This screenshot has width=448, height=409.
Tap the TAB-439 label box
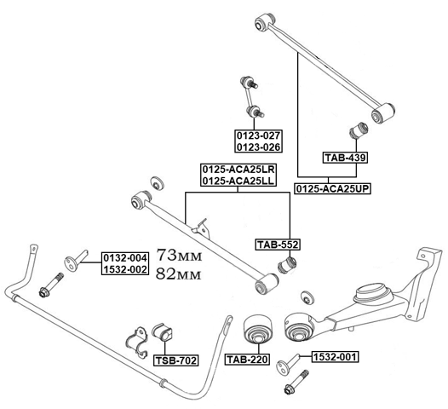[343, 157]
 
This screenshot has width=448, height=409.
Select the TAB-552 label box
[278, 245]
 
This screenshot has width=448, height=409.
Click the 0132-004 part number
[125, 257]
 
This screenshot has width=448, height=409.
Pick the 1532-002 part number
[125, 269]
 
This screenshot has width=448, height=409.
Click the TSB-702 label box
[175, 360]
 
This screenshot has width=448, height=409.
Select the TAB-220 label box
[247, 360]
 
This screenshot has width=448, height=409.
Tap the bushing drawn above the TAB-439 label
[358, 135]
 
